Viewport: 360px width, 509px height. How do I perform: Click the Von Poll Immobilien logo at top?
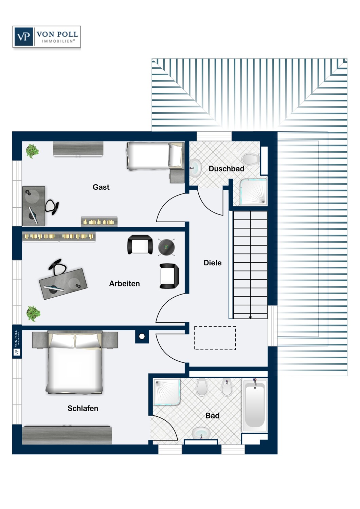click(47, 37)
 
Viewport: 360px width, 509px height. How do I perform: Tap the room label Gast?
click(101, 187)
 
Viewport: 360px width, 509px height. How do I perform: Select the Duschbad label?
click(226, 169)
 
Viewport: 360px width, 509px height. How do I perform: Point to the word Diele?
click(212, 263)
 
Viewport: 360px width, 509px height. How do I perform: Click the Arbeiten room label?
click(124, 284)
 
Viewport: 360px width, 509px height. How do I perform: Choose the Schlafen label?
click(83, 408)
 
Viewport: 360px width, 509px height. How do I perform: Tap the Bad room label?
click(212, 416)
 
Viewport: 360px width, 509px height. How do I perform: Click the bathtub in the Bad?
click(255, 406)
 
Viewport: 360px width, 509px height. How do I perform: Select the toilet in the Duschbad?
click(251, 159)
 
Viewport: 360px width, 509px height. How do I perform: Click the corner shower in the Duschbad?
click(253, 192)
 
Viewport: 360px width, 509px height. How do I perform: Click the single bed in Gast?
click(155, 156)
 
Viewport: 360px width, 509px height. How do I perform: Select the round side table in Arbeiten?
click(166, 247)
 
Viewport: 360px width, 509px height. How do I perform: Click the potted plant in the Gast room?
click(32, 151)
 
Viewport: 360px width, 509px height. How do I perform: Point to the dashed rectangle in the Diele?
click(215, 338)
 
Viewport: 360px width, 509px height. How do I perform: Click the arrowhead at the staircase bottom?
click(250, 318)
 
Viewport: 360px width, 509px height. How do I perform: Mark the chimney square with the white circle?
click(142, 336)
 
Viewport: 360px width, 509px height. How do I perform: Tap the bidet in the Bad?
click(227, 388)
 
